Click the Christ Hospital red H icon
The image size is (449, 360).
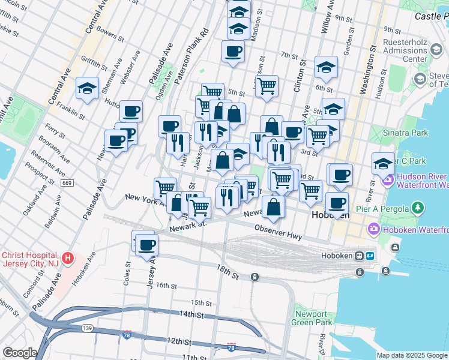point(68,259)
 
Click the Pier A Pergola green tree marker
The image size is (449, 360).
point(418,208)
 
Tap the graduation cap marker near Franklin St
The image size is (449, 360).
point(87,89)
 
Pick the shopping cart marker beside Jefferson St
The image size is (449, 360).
point(267,86)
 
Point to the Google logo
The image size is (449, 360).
point(20,353)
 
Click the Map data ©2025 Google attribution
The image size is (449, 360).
point(412,355)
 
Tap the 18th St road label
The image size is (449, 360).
point(228,271)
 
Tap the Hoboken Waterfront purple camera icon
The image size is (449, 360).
point(373,229)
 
